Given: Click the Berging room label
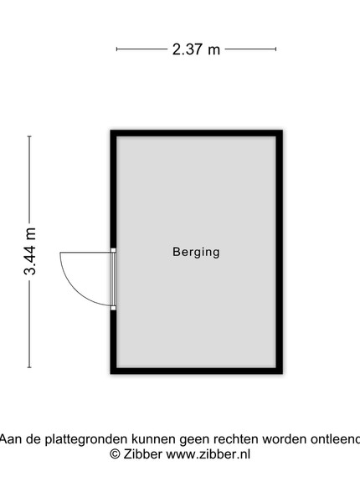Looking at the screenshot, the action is [196, 252].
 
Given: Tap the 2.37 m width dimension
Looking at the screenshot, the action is [196, 49].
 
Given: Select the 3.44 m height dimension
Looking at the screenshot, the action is [30, 251].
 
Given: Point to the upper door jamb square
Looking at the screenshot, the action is [113, 250].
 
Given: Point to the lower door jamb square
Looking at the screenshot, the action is [113, 308].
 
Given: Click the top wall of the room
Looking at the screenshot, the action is [197, 133].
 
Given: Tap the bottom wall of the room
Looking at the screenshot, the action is [197, 371].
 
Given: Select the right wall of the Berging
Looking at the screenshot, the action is [279, 252].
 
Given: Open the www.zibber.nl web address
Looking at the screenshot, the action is [208, 454].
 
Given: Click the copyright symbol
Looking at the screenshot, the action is [115, 454].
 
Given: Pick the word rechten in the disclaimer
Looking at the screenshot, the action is [236, 439].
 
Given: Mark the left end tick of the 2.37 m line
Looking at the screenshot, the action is [117, 49].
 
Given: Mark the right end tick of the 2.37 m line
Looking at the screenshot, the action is [275, 49].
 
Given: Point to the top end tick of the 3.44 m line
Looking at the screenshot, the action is [29, 136].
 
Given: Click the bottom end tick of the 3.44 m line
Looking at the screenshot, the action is [29, 367].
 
